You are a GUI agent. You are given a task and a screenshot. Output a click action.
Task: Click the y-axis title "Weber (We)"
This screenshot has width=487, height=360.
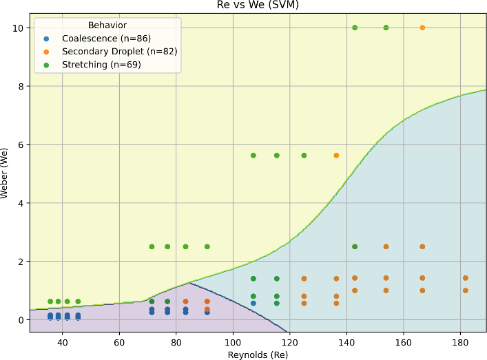(x=6, y=173)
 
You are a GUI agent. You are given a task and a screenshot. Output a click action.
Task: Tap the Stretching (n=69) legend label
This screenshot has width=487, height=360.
(x=103, y=65)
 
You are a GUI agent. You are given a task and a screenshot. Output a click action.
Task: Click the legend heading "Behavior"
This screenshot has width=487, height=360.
(x=107, y=25)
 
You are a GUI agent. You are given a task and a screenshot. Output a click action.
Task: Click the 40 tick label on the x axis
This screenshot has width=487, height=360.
(x=62, y=342)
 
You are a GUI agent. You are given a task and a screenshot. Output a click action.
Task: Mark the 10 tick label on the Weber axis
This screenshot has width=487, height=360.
(x=19, y=28)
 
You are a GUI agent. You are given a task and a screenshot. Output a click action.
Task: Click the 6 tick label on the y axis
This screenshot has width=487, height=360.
(x=21, y=145)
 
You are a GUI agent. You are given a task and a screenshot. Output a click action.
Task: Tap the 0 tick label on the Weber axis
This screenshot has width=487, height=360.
(x=21, y=320)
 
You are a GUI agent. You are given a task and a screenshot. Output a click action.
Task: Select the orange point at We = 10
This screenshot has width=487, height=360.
(x=422, y=28)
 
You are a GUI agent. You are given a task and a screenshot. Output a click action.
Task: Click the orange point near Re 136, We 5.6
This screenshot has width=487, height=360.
(x=336, y=156)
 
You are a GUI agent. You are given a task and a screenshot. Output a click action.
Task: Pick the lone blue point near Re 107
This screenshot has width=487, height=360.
(x=253, y=304)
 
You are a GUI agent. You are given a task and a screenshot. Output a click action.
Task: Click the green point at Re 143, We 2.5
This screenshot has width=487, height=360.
(x=355, y=246)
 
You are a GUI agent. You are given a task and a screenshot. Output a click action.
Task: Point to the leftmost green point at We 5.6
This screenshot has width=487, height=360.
(x=253, y=156)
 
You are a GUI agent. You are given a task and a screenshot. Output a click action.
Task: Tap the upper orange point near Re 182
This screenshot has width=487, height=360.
(x=466, y=278)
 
